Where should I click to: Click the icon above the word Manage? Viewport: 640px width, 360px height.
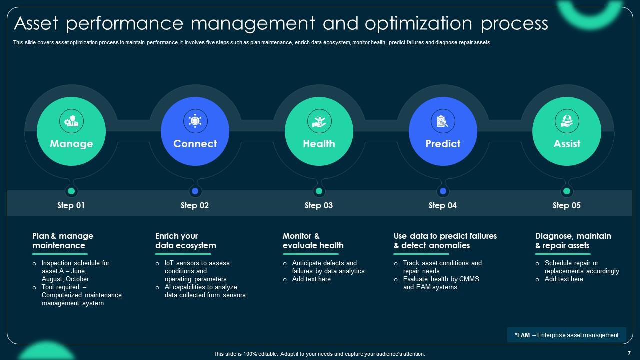pyautogui.click(x=71, y=121)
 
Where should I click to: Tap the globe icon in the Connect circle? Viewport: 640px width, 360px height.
pyautogui.click(x=195, y=121)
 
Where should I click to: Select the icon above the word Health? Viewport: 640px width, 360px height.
pyautogui.click(x=319, y=121)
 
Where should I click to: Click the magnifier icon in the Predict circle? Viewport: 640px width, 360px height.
pyautogui.click(x=443, y=121)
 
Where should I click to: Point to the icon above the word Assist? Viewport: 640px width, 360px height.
pyautogui.click(x=567, y=121)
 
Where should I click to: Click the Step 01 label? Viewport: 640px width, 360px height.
pyautogui.click(x=71, y=205)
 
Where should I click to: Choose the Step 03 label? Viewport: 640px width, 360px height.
pyautogui.click(x=319, y=205)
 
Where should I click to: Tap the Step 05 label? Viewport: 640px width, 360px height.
pyautogui.click(x=567, y=205)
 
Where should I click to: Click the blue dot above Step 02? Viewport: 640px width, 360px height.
pyautogui.click(x=195, y=191)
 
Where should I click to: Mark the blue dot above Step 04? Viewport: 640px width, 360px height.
pyautogui.click(x=443, y=191)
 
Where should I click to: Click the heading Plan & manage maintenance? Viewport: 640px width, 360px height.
pyautogui.click(x=63, y=241)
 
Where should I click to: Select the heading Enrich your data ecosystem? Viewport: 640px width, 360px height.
pyautogui.click(x=185, y=241)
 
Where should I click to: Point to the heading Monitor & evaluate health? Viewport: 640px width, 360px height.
pyautogui.click(x=313, y=241)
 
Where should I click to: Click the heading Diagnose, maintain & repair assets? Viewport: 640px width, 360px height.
pyautogui.click(x=573, y=241)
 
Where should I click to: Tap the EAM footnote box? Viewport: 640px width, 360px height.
pyautogui.click(x=566, y=335)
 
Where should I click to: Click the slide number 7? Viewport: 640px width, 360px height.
pyautogui.click(x=628, y=353)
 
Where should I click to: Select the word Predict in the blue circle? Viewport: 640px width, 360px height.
pyautogui.click(x=443, y=144)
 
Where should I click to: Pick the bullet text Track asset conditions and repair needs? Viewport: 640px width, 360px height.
pyautogui.click(x=442, y=267)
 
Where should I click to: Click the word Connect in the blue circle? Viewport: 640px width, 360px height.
pyautogui.click(x=195, y=144)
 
